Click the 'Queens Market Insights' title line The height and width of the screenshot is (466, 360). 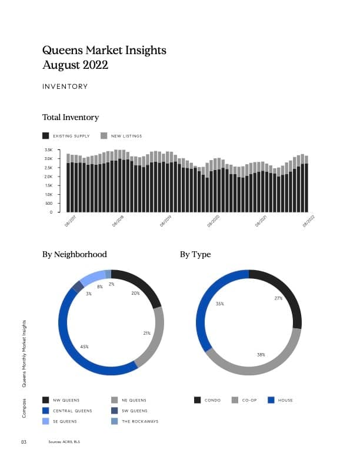(104, 51)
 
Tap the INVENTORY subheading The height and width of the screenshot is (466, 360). (65, 86)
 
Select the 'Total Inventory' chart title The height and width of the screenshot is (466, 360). (71, 118)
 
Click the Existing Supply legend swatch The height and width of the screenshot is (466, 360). (46, 136)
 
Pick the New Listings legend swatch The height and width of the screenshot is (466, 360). (104, 136)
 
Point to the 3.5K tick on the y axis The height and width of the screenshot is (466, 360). (48, 150)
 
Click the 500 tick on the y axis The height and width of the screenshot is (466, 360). (49, 203)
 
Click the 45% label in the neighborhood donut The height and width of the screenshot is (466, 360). (84, 347)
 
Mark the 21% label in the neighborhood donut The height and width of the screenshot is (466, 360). (146, 333)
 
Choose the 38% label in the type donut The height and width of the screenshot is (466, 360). (261, 355)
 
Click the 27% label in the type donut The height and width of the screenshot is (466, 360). (278, 298)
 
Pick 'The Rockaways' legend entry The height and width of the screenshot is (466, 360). (139, 421)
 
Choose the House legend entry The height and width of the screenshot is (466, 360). (286, 400)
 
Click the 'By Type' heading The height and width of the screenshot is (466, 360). (195, 255)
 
